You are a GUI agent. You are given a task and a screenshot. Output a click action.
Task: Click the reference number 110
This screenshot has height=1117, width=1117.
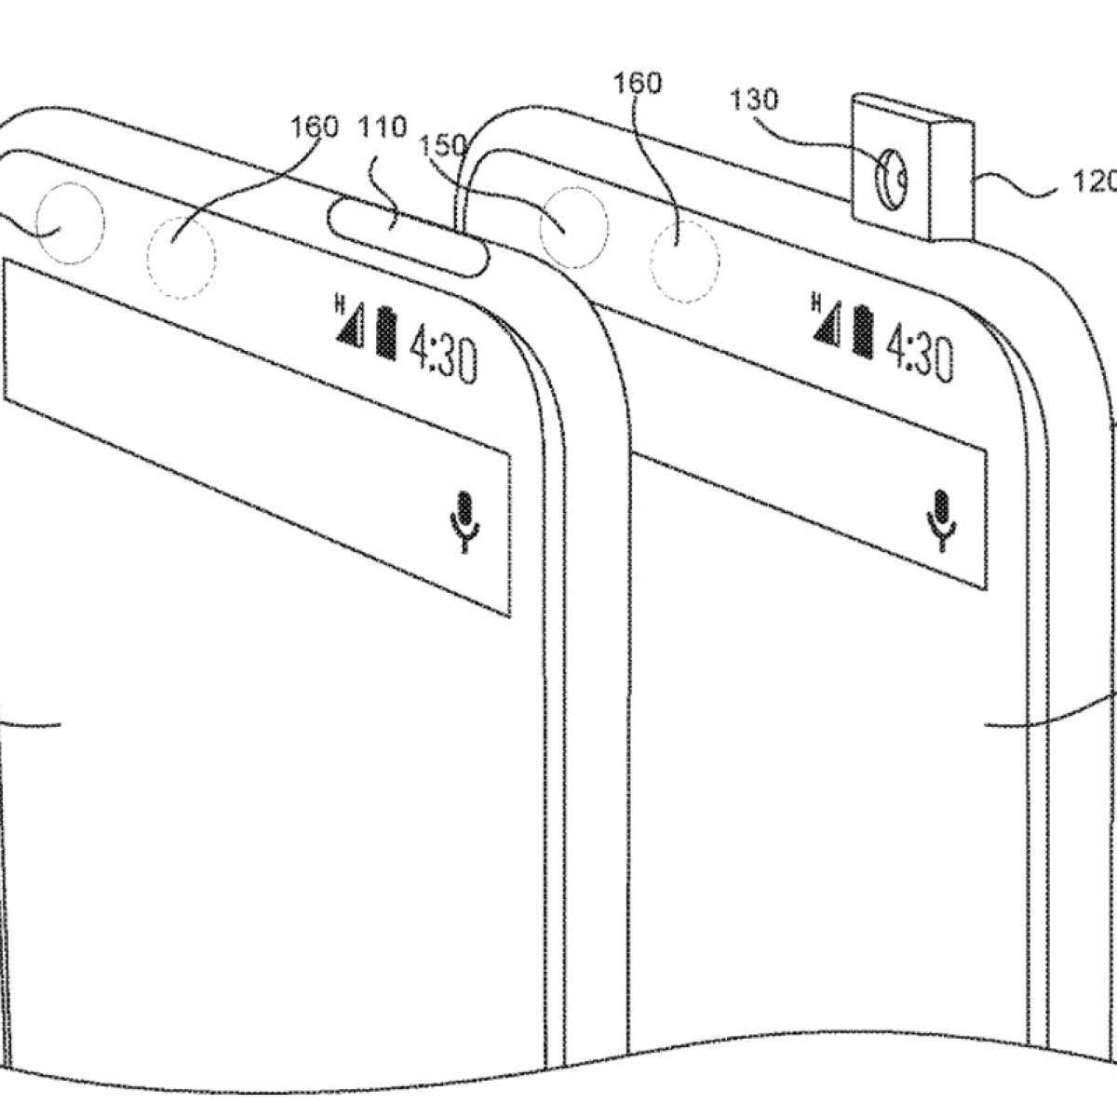(x=385, y=128)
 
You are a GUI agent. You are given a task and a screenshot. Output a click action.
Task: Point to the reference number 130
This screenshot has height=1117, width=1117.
(x=755, y=100)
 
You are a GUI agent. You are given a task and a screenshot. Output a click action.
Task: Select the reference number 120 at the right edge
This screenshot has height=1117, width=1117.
(x=1097, y=184)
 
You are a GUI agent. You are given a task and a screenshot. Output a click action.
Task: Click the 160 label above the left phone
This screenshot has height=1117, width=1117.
(x=314, y=128)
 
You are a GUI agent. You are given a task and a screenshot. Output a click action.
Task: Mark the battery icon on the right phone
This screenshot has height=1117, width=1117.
(x=861, y=332)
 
